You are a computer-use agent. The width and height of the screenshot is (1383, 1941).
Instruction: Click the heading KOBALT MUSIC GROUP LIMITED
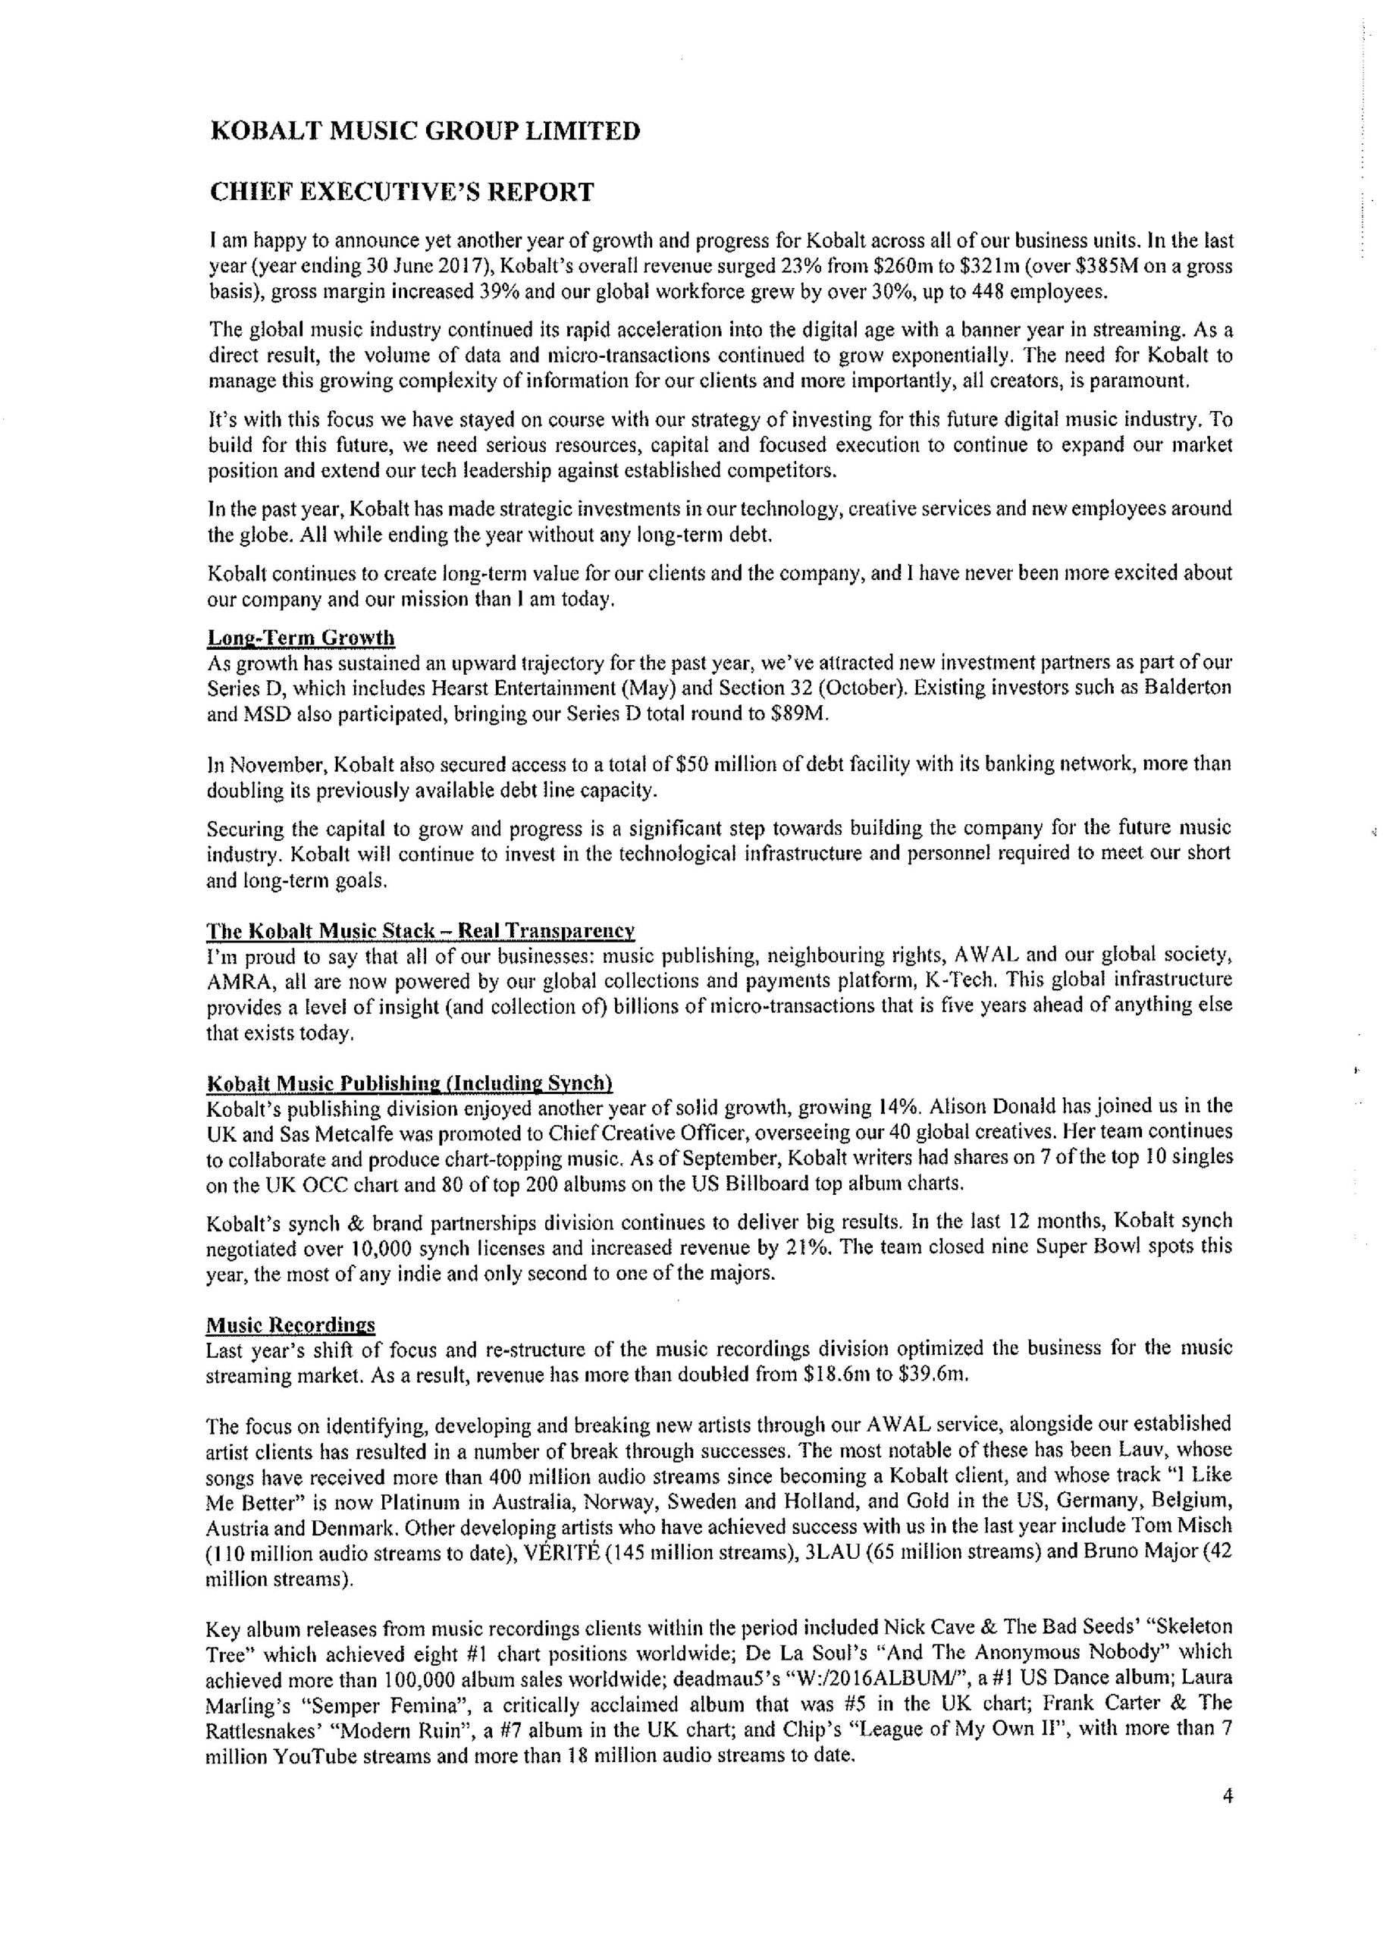point(424,131)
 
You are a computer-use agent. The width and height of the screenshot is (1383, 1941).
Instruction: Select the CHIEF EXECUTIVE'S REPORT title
point(401,193)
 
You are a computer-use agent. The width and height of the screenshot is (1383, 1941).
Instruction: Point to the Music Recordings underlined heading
point(290,1325)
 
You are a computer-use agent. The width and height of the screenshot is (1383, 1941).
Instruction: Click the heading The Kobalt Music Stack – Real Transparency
point(421,930)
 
